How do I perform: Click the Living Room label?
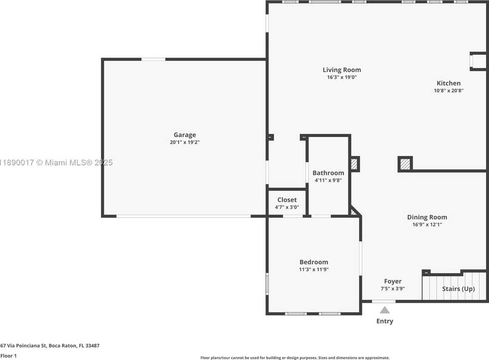click(x=341, y=70)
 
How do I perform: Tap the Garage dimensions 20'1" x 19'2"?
click(x=185, y=142)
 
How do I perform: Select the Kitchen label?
click(x=449, y=83)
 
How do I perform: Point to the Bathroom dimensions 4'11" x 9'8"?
click(x=328, y=180)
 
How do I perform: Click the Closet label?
click(x=287, y=200)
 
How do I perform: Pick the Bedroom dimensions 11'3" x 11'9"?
click(x=314, y=269)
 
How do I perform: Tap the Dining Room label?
click(x=427, y=217)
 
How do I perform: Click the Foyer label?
click(x=393, y=281)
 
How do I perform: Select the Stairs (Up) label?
click(x=459, y=289)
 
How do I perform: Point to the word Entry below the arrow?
click(x=385, y=321)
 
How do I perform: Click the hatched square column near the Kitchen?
click(x=405, y=164)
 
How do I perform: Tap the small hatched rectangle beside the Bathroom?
click(x=354, y=164)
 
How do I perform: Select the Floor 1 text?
click(x=8, y=356)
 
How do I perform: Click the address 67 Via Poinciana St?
click(x=24, y=346)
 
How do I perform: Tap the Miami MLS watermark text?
click(x=56, y=163)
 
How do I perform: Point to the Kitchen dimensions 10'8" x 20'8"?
click(x=449, y=91)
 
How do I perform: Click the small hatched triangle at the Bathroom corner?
click(x=353, y=213)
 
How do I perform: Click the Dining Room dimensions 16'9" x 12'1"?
click(x=427, y=224)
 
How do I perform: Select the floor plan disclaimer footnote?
click(x=295, y=358)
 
